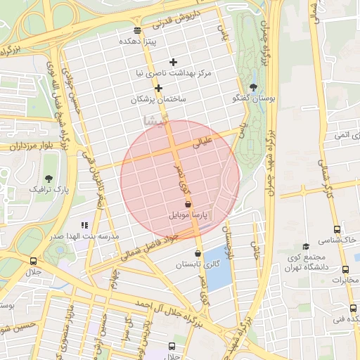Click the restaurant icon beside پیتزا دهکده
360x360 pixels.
click(136, 30)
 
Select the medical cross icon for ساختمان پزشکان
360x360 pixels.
click(159, 89)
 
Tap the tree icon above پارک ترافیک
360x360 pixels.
click(49, 179)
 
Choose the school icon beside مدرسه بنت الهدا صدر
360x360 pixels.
click(85, 226)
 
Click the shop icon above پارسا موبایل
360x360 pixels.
click(188, 203)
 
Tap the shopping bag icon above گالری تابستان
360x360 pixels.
click(198, 254)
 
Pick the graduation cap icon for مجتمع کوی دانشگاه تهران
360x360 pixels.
click(305, 247)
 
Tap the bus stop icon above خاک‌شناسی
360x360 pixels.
click(337, 229)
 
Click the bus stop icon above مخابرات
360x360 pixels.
click(345, 269)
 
